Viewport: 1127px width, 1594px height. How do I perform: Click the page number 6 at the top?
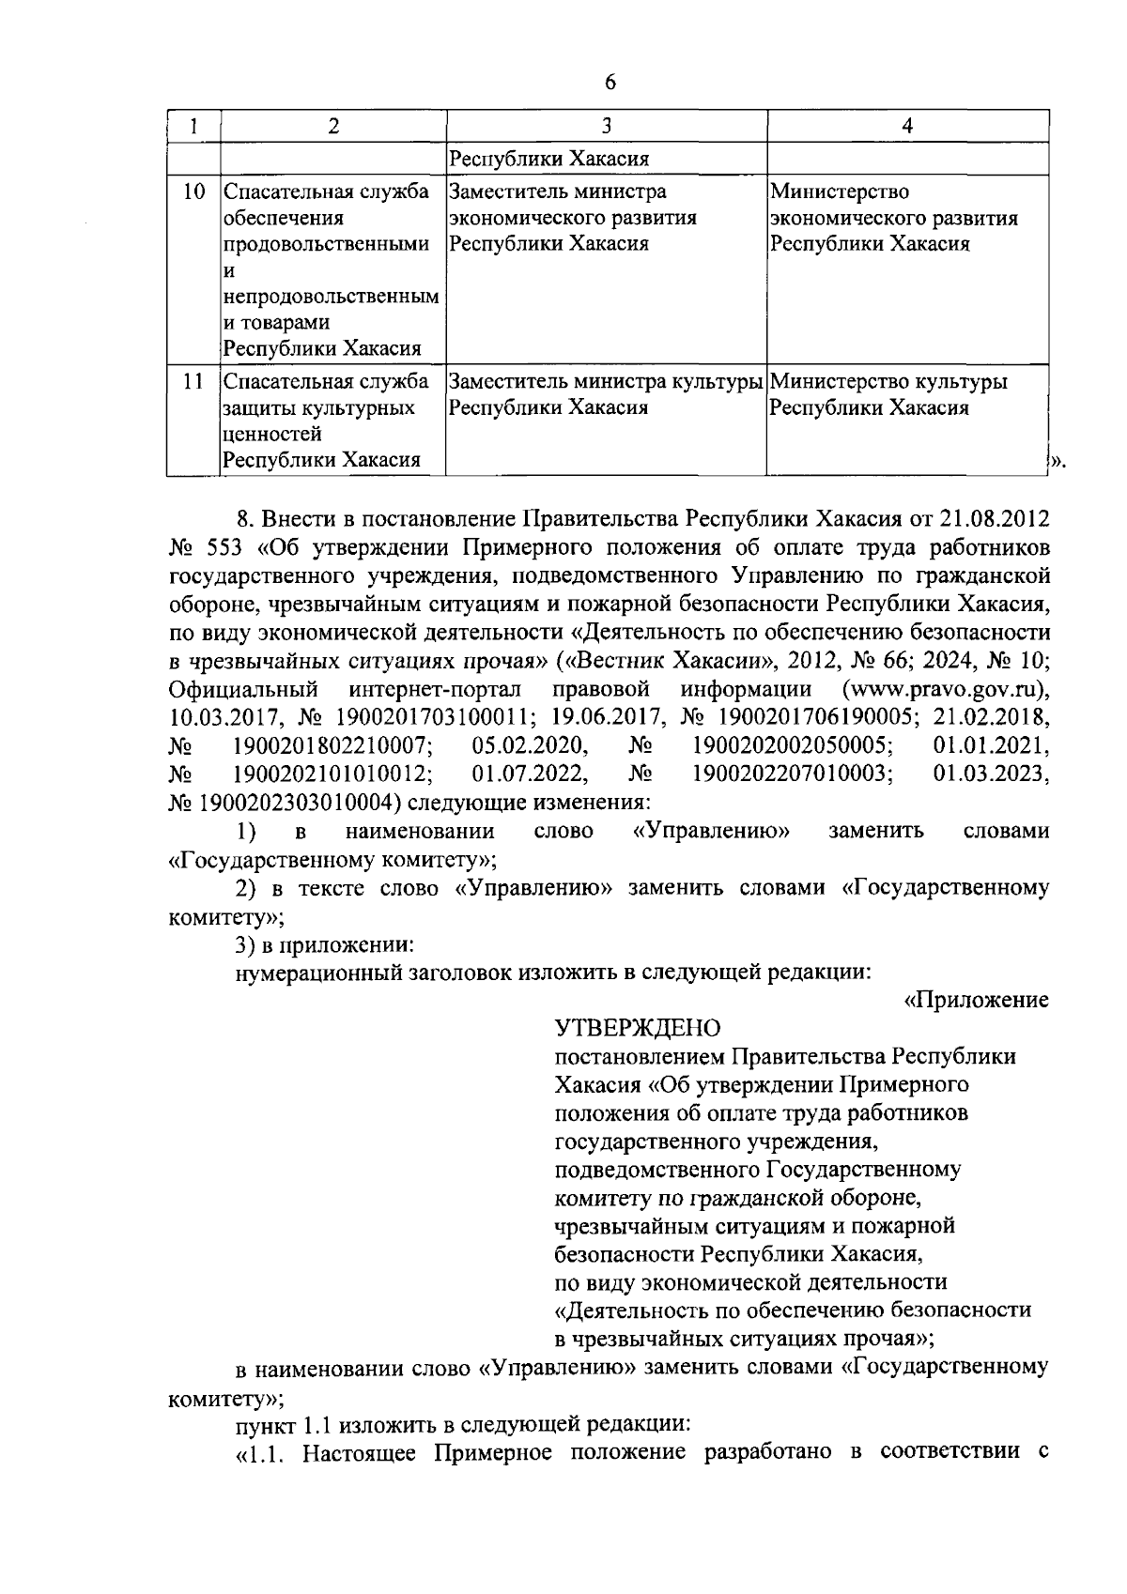pos(610,83)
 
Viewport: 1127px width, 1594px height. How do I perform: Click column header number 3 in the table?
pos(606,126)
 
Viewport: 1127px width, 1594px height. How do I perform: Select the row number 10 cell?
pos(193,192)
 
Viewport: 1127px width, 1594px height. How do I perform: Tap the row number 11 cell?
pos(193,382)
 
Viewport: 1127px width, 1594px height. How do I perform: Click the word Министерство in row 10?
pos(840,192)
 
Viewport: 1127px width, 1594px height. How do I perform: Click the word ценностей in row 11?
pos(272,435)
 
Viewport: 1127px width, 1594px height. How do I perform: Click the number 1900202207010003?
pos(792,774)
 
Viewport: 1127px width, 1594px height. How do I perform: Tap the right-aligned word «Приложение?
pos(976,1000)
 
